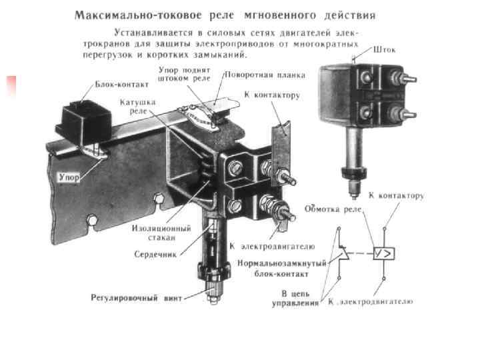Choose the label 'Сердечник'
[x=155, y=254]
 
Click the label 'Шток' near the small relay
[x=386, y=49]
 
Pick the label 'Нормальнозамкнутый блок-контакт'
[x=283, y=268]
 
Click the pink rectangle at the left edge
[x=11, y=86]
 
